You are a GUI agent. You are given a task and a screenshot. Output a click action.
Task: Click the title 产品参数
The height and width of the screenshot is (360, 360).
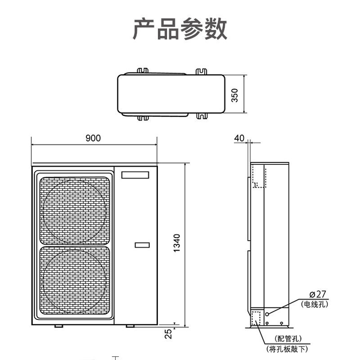180,29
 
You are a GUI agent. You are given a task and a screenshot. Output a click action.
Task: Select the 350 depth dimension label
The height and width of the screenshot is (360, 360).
234,94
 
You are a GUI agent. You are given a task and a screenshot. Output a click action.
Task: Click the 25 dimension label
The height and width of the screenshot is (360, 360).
168,333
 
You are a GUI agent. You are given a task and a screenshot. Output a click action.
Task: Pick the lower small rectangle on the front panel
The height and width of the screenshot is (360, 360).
142,245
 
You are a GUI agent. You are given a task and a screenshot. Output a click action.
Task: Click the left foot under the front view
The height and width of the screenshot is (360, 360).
59,326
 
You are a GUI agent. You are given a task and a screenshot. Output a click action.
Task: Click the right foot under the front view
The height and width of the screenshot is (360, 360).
130,326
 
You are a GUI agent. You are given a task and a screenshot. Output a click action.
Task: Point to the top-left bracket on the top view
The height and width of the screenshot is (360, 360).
143,71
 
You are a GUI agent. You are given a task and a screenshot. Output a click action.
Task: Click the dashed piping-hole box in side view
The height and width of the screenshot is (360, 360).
257,318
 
